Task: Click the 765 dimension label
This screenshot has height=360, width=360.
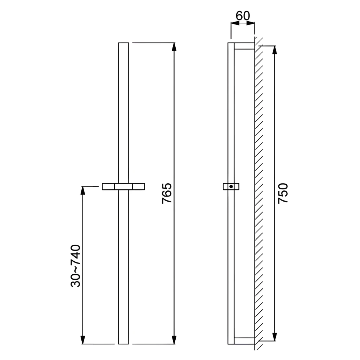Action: point(167,193)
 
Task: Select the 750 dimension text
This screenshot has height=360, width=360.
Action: point(283,193)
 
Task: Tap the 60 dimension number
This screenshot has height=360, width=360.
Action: point(243,16)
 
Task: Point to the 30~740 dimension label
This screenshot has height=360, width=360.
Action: point(76,266)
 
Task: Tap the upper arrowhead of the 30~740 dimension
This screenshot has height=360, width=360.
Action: point(83,191)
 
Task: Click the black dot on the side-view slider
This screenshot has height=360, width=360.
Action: point(231,186)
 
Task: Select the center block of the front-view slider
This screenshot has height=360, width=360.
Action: point(123,186)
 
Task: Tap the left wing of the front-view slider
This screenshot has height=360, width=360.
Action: point(108,186)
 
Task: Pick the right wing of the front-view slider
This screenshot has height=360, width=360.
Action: point(138,186)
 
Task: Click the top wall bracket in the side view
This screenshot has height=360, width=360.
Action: point(245,46)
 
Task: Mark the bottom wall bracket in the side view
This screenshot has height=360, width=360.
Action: point(245,341)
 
